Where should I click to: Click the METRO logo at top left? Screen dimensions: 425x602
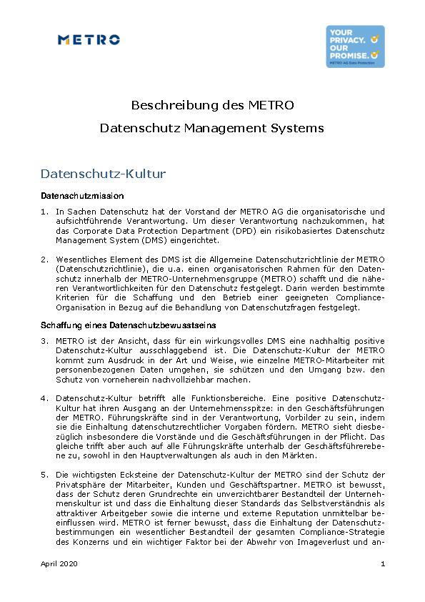point(89,40)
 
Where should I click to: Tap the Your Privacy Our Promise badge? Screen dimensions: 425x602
point(355,46)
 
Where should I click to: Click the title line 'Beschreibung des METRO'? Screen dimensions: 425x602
point(212,105)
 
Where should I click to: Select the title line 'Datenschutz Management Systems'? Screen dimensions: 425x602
point(212,129)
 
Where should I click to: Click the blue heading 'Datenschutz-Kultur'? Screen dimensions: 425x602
point(103,174)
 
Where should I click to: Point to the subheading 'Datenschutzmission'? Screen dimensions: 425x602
point(82,195)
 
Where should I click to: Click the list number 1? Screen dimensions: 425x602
point(44,212)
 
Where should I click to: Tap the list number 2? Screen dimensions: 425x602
point(44,259)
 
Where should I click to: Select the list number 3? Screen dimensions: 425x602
point(44,342)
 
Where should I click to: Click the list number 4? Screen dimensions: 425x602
point(44,398)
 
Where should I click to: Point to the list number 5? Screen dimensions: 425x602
point(44,475)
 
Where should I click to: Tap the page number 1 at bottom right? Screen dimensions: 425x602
point(383,565)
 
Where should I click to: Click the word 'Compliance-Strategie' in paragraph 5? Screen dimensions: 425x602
point(339,533)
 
